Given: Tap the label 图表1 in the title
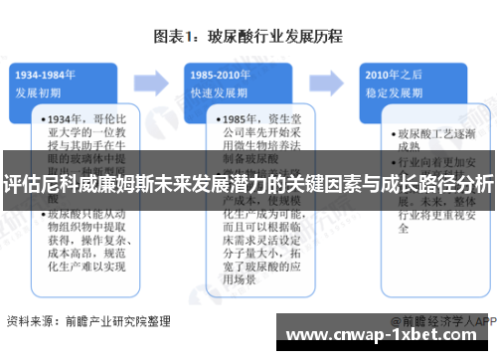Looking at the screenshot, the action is pyautogui.click(x=179, y=37).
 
